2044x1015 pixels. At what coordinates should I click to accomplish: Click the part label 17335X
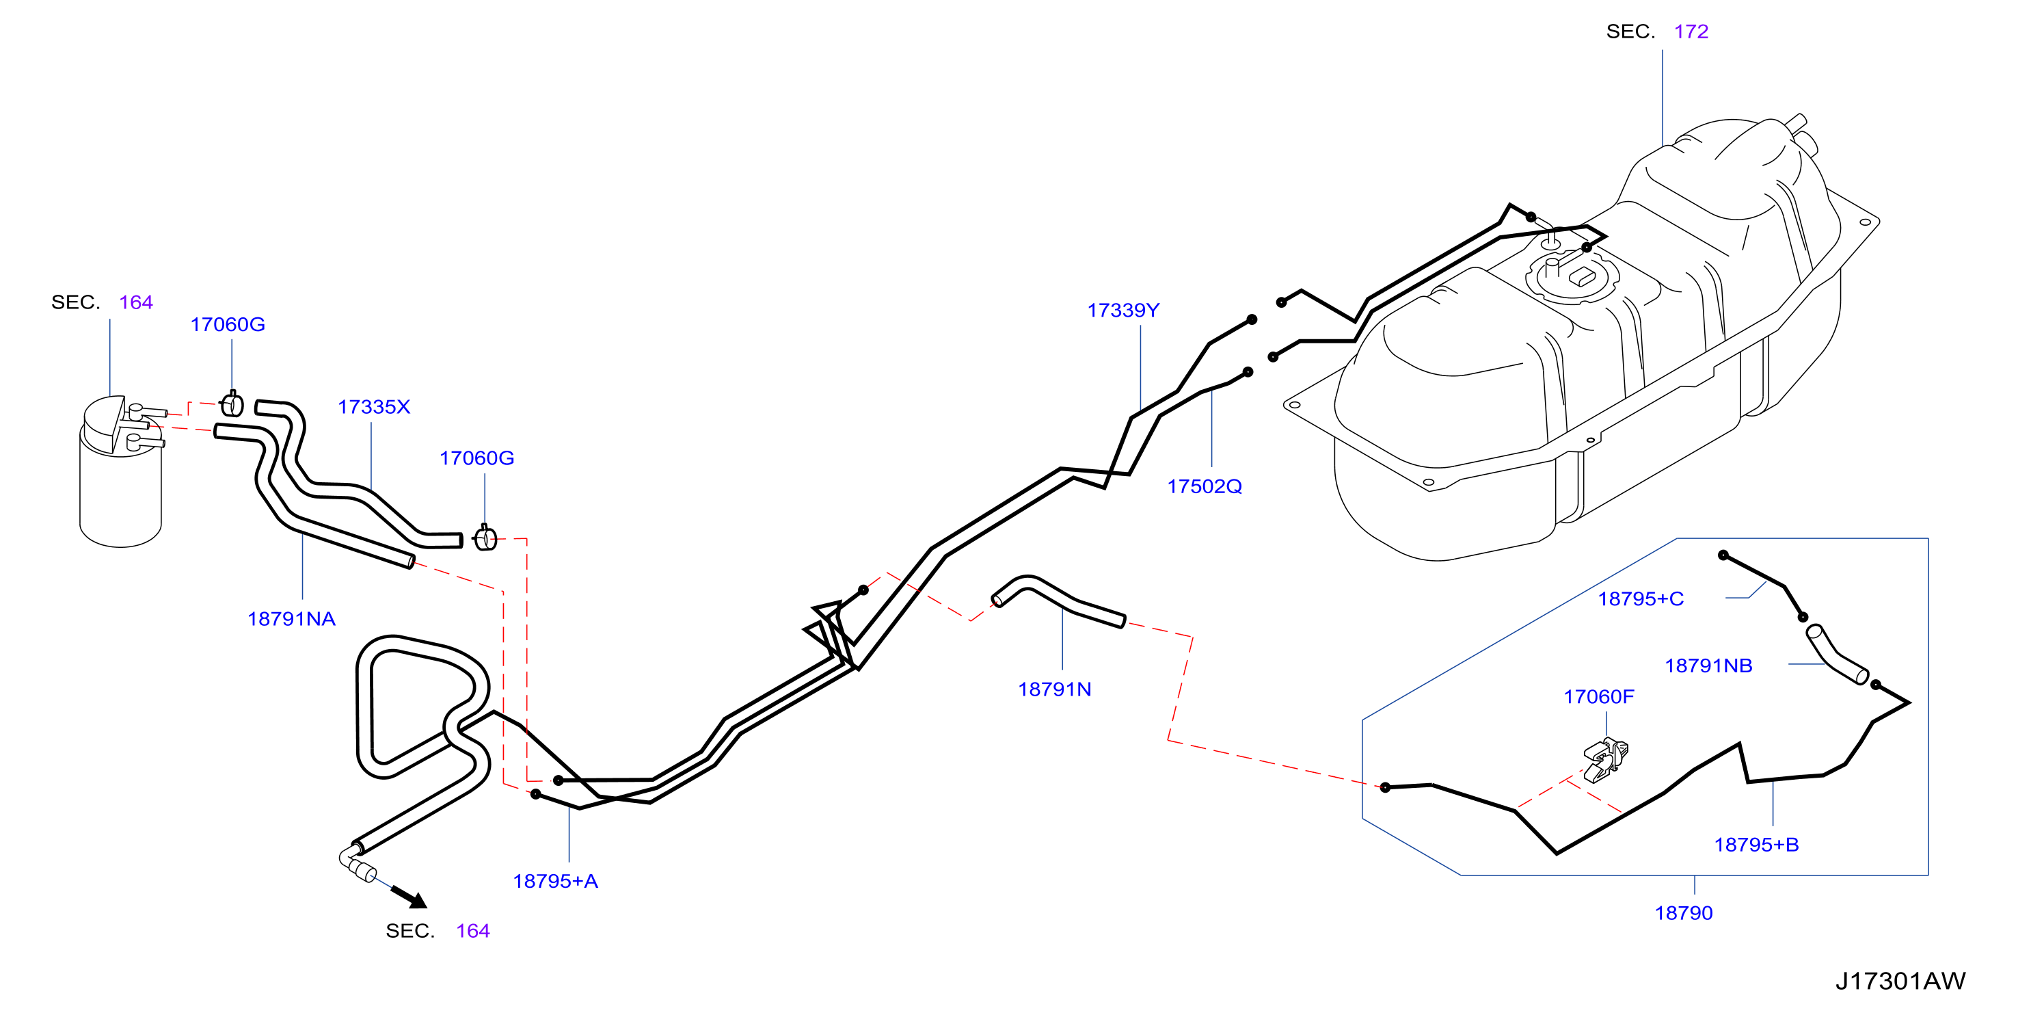374,407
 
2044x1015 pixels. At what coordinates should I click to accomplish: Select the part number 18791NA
291,619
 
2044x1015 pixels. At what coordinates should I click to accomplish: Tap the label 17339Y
1122,311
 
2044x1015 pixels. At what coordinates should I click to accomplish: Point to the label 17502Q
1205,486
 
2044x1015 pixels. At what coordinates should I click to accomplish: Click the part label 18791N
1055,689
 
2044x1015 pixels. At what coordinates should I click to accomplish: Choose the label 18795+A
555,881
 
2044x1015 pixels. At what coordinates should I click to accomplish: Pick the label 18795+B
1756,845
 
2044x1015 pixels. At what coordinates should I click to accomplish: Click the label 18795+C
1640,599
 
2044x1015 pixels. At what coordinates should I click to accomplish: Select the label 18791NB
1708,665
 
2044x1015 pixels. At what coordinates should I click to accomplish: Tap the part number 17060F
1598,697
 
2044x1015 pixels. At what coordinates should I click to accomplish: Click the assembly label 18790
1683,913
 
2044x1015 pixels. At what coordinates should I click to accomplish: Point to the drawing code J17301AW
1900,981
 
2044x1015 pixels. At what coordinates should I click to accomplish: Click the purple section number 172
1691,31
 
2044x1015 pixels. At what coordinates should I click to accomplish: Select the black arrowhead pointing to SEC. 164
410,897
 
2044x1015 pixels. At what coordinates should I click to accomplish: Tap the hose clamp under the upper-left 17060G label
232,404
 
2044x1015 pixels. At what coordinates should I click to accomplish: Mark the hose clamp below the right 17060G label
485,538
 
